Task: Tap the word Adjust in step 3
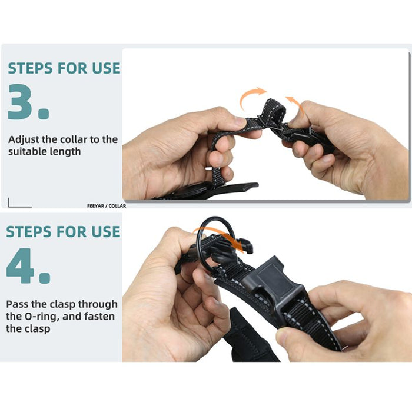point(24,140)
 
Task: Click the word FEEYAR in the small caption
point(95,206)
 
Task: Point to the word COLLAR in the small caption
point(117,206)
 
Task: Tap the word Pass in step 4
point(17,304)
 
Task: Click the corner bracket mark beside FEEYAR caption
point(9,206)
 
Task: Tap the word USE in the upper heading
point(106,68)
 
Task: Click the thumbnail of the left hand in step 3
point(240,121)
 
